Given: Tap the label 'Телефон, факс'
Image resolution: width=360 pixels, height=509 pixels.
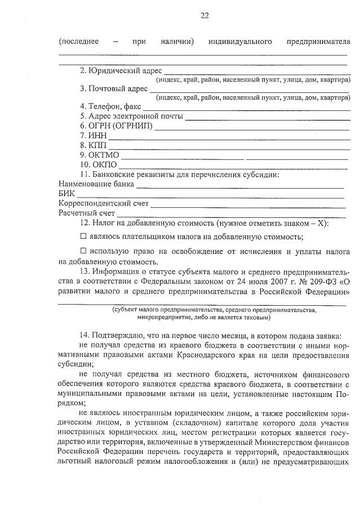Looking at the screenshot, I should point(114,108).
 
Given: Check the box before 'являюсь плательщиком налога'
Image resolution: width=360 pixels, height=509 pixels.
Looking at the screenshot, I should point(83,236).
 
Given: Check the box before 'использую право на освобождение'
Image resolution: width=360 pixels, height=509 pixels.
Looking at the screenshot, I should point(83,252).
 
